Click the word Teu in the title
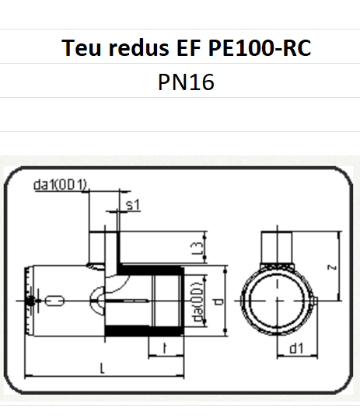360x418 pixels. pyautogui.click(x=80, y=47)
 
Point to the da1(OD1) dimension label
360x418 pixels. pyautogui.click(x=61, y=184)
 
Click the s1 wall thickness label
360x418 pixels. pyautogui.click(x=132, y=204)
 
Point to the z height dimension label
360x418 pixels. pyautogui.click(x=332, y=266)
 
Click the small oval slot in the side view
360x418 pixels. pyautogui.click(x=55, y=300)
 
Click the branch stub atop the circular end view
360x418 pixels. pyautogui.click(x=278, y=247)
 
